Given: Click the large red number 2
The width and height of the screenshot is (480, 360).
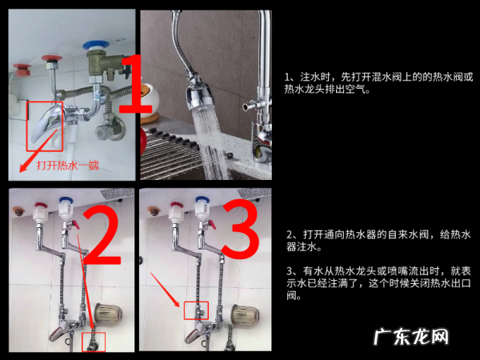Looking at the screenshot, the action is coord(102,234).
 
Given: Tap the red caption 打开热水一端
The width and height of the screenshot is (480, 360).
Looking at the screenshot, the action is coord(68,166).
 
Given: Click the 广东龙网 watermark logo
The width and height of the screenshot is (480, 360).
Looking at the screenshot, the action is coord(411,337).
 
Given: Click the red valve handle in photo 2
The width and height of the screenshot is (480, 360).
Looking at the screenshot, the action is coord(75,226).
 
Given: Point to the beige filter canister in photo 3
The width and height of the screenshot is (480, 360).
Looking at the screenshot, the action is coord(245,316).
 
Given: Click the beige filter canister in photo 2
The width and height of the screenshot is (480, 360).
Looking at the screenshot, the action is coord(108,314).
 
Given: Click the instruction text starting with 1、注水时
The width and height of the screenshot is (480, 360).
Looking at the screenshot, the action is coord(378,82).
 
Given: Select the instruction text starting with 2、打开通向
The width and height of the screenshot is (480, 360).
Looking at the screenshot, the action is coord(378,241).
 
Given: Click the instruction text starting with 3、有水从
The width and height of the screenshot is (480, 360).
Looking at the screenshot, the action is coord(378,283).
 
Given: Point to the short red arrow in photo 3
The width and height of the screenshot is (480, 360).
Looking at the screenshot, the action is coord(165,290).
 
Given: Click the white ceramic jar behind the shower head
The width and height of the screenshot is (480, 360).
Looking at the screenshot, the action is coord(150,97).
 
